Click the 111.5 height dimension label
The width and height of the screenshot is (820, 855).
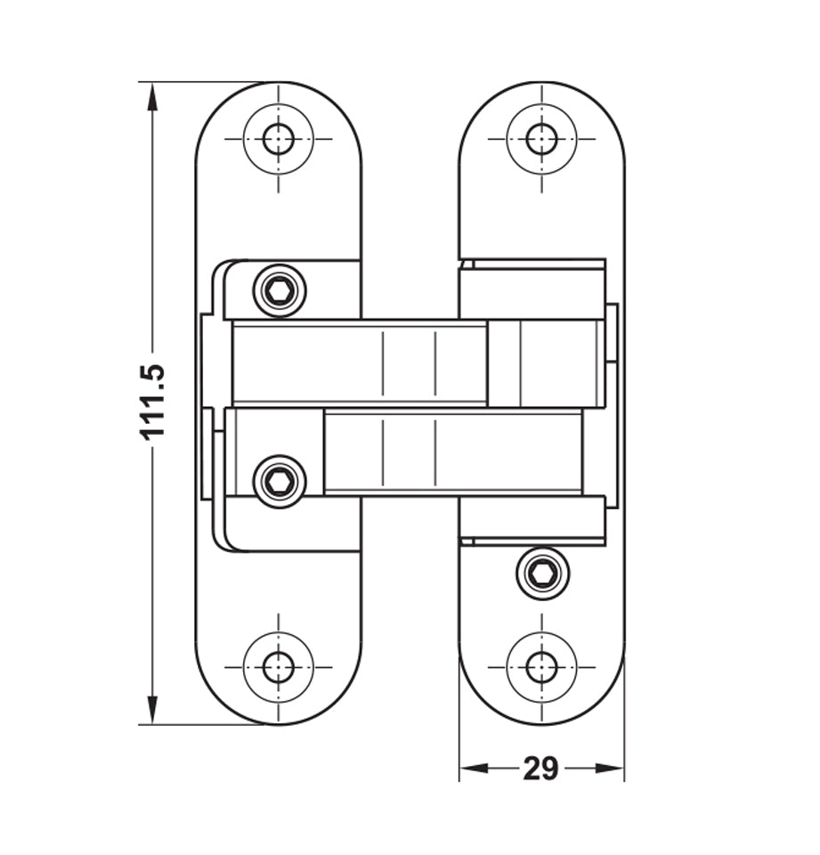click(x=153, y=401)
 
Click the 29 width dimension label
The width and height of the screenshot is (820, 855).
click(x=540, y=768)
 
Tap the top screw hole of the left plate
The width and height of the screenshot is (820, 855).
click(x=279, y=139)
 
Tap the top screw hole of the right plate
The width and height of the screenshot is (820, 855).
click(x=541, y=139)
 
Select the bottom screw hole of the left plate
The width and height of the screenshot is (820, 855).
click(x=279, y=666)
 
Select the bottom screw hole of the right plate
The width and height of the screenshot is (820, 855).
click(x=541, y=666)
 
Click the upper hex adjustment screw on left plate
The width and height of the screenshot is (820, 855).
click(x=280, y=290)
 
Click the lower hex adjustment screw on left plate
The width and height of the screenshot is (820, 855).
click(x=280, y=482)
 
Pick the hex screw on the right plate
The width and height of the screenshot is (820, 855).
click(x=542, y=574)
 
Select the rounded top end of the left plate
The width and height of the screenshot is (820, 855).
click(x=279, y=98)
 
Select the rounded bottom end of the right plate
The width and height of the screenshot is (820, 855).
click(x=541, y=708)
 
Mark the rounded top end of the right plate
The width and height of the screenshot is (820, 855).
click(x=541, y=98)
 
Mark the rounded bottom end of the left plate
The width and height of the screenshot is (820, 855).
click(x=279, y=708)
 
